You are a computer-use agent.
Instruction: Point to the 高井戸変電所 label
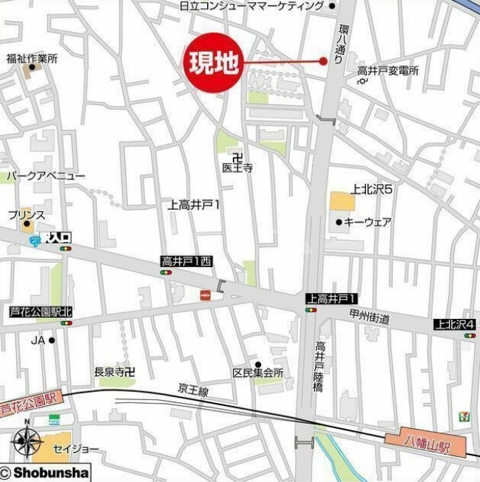pyautogui.click(x=388, y=71)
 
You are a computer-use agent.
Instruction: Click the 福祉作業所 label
pyautogui.click(x=32, y=58)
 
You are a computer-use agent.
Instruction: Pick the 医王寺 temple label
pyautogui.click(x=237, y=168)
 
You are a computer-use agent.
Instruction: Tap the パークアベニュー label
pyautogui.click(x=46, y=176)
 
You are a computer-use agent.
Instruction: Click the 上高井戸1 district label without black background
pyautogui.click(x=195, y=204)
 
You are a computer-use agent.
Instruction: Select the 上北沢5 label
pyautogui.click(x=371, y=189)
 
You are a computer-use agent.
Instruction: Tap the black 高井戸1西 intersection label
pyautogui.click(x=186, y=261)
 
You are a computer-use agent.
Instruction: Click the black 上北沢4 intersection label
pyautogui.click(x=456, y=324)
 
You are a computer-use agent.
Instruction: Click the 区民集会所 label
pyautogui.click(x=258, y=373)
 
